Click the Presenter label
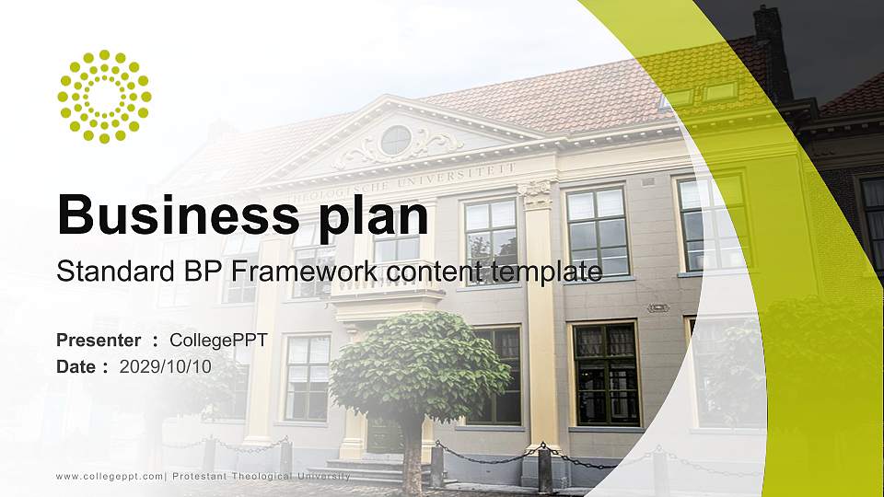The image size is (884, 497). point(99,341)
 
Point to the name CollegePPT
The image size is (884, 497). point(218,341)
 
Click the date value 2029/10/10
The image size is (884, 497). point(166,366)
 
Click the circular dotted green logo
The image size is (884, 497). point(104,97)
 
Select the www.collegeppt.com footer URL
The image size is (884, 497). point(110,476)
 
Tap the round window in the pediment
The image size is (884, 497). point(395,140)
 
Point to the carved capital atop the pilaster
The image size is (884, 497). point(537,193)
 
